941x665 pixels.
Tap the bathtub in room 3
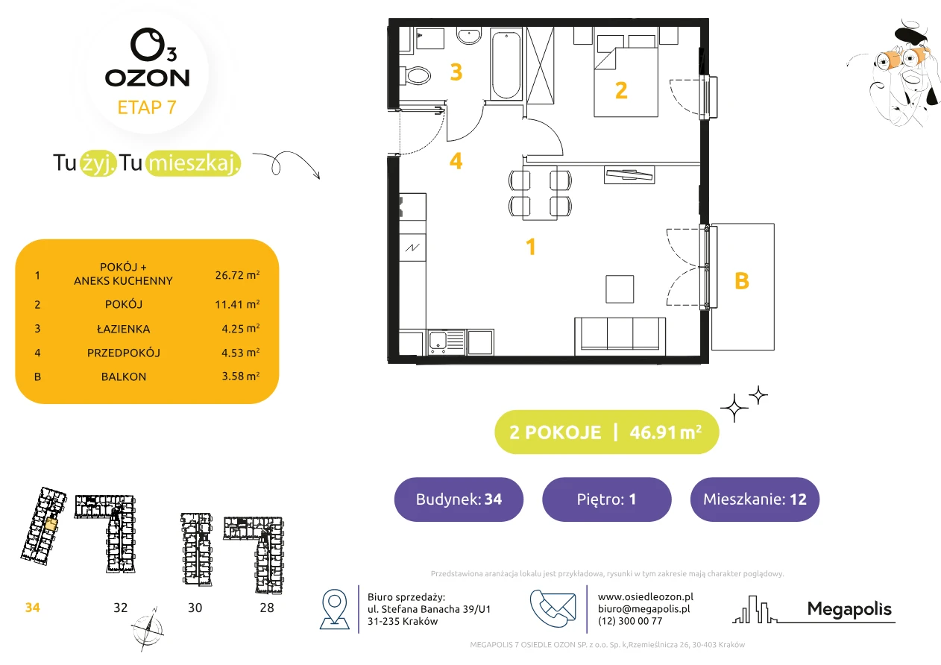click(x=506, y=64)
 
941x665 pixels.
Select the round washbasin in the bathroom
click(x=469, y=36)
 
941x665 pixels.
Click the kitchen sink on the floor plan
click(x=447, y=342)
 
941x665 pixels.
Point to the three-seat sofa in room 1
click(x=620, y=335)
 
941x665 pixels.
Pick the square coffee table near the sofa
click(x=620, y=289)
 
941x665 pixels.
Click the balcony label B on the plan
click(x=742, y=281)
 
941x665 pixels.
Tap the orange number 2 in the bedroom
click(x=621, y=90)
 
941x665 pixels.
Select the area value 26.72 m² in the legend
click(x=237, y=275)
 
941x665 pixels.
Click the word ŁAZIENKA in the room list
click(x=124, y=329)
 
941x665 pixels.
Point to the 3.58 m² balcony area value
click(x=240, y=376)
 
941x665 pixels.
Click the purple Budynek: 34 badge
click(x=459, y=499)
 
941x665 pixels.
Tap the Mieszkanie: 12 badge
click(x=755, y=499)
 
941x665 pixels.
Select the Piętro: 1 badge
click(x=607, y=499)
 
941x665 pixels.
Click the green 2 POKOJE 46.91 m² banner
click(x=607, y=432)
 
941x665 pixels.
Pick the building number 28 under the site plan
click(x=267, y=608)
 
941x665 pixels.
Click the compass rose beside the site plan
click(x=148, y=629)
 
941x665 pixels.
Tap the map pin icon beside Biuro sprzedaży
click(x=334, y=608)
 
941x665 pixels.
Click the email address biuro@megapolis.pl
click(x=643, y=608)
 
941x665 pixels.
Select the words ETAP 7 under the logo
click(x=147, y=107)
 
